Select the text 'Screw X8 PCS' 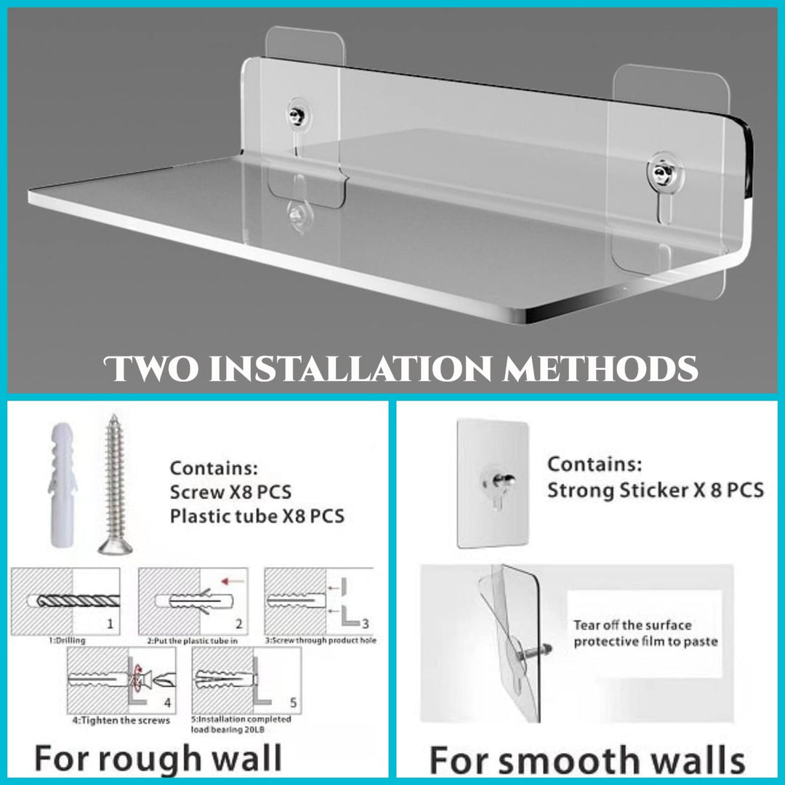(x=230, y=492)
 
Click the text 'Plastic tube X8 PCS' (x=257, y=517)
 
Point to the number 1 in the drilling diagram (x=109, y=623)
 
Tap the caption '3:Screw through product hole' (x=320, y=640)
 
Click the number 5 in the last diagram (x=292, y=703)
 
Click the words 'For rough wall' (x=158, y=759)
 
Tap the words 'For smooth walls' (x=587, y=761)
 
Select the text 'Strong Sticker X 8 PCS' (x=655, y=490)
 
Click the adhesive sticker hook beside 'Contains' (x=492, y=483)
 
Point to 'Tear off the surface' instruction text (x=632, y=625)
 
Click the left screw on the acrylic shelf (x=297, y=114)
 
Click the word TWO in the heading (x=151, y=369)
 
